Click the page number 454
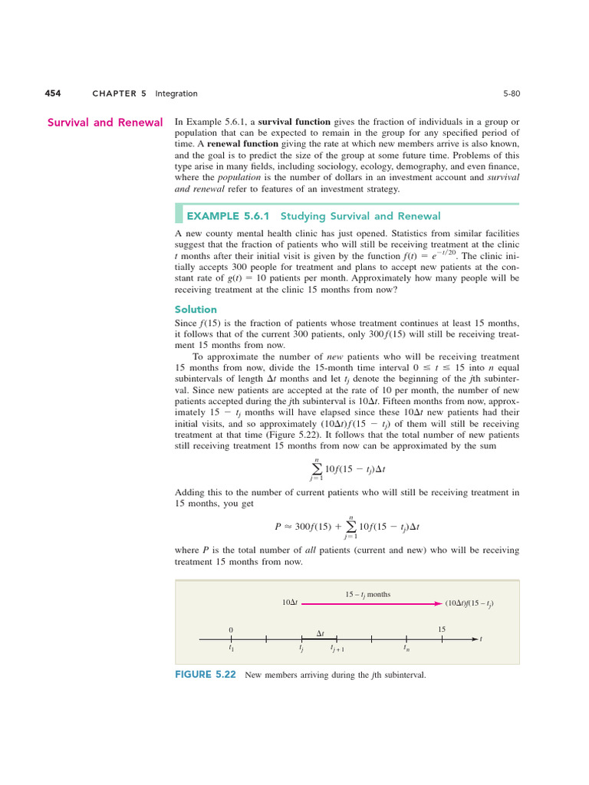click(x=52, y=94)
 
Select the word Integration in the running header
click(x=176, y=94)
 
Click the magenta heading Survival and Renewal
click(x=105, y=123)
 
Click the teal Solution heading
click(x=196, y=309)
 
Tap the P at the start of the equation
click(x=278, y=527)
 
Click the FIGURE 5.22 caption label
click(x=206, y=675)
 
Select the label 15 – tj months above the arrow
click(x=367, y=593)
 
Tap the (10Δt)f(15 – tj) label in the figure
click(x=469, y=603)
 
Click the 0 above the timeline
click(x=231, y=629)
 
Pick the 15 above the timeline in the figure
click(x=442, y=629)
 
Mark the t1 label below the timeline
click(x=231, y=649)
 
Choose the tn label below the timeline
click(x=406, y=649)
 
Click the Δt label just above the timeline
click(x=321, y=633)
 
